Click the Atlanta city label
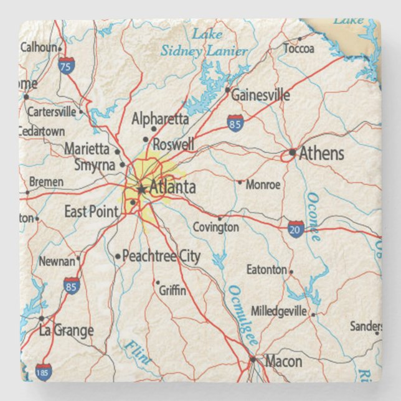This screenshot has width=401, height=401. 172,187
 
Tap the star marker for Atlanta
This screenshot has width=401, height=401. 142,189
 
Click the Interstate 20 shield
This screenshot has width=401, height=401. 296,228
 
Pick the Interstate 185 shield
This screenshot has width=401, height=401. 43,372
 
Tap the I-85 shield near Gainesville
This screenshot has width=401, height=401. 235,122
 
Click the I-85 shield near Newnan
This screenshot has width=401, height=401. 72,286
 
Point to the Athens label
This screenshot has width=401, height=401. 321,154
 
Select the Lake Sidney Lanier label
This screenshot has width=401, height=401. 204,43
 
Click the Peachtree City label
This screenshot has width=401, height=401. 161,256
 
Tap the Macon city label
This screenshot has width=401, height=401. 283,361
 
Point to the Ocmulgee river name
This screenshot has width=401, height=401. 243,315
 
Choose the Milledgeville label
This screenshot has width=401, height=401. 278,310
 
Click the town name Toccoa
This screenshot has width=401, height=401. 299,49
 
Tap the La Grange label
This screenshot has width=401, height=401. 66,330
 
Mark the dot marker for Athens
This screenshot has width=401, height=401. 293,152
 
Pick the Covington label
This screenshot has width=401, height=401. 215,227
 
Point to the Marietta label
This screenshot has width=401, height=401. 88,149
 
